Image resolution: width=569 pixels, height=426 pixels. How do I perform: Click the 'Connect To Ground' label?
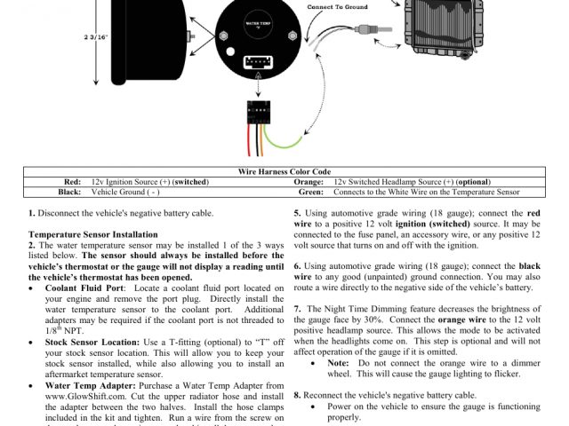point(338,5)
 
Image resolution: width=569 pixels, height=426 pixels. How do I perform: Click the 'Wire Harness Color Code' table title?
point(284,171)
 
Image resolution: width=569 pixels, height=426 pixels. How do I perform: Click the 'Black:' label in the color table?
point(68,191)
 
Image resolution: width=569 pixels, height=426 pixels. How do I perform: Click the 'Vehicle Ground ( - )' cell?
point(125,191)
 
